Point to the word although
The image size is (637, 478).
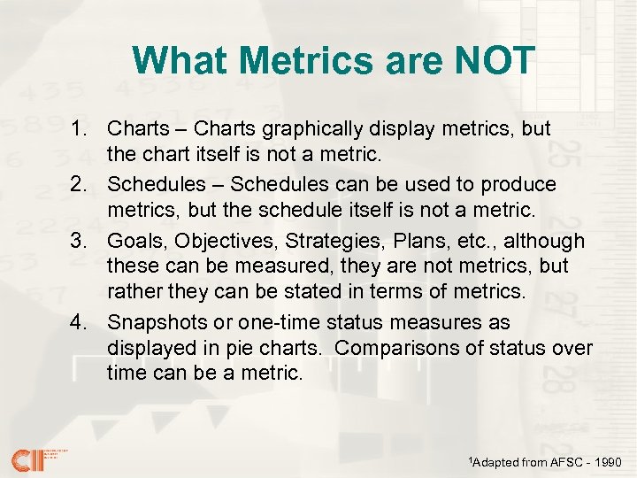[x=545, y=242]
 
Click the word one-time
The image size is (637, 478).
[x=265, y=322]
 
